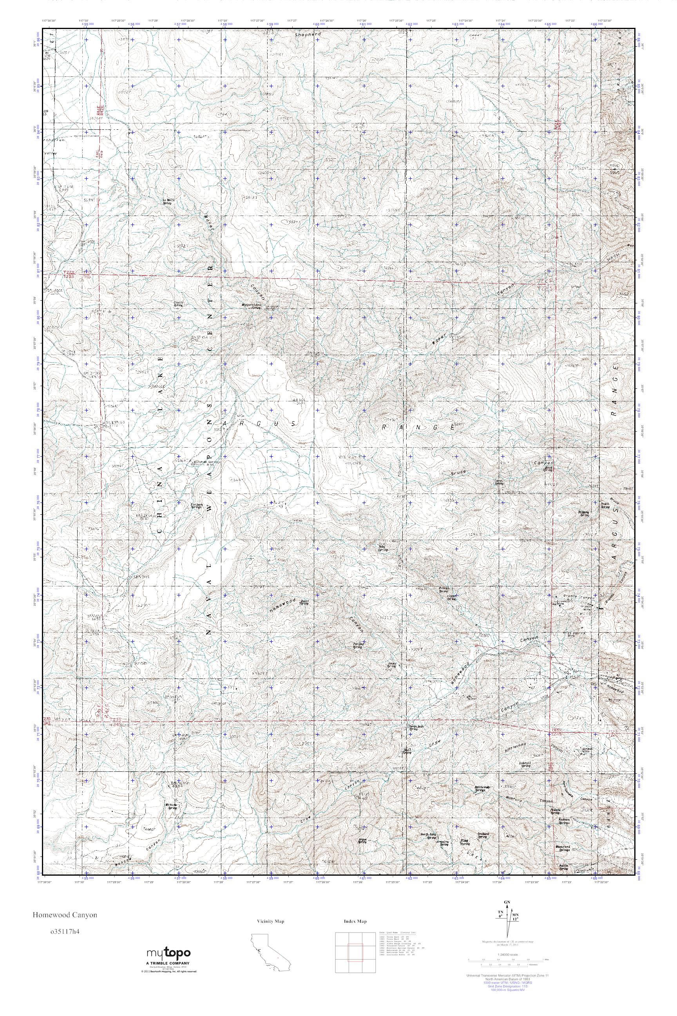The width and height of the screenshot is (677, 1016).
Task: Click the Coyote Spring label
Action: click(178, 304)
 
